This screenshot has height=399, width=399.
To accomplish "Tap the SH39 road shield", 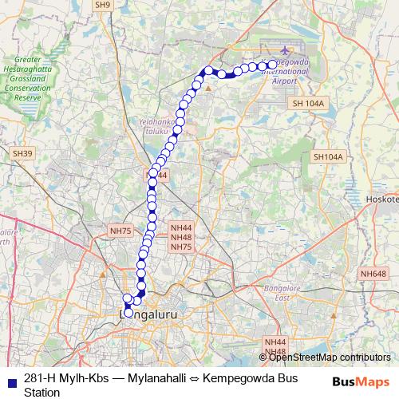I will tap(22, 152).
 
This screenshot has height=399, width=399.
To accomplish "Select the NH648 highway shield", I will tap(372, 274).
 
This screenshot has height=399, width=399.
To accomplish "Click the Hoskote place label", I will tap(385, 199).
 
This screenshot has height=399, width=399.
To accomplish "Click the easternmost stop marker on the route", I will tap(272, 64).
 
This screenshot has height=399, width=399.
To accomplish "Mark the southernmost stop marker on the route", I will tap(128, 313).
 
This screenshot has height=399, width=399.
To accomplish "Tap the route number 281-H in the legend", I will tap(41, 377).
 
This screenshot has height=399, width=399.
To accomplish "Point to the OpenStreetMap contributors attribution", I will tap(330, 357).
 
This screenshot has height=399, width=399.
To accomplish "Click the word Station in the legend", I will tap(42, 392).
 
